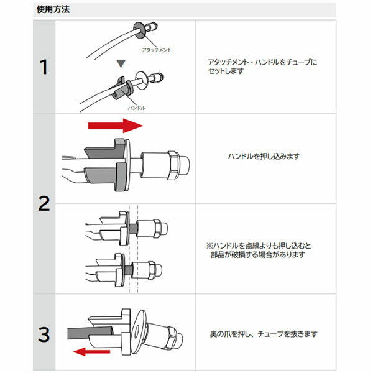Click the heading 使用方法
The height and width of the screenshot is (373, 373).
pyautogui.click(x=53, y=9)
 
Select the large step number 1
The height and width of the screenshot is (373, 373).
pyautogui.click(x=44, y=67)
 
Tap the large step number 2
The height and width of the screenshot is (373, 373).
pyautogui.click(x=44, y=204)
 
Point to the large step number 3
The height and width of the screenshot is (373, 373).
pyautogui.click(x=44, y=334)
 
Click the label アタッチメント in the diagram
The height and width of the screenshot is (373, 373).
pyautogui.click(x=157, y=50)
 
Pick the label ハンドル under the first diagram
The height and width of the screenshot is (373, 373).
pyautogui.click(x=137, y=108)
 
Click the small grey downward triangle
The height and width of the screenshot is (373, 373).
pyautogui.click(x=121, y=63)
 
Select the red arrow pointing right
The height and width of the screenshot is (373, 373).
pyautogui.click(x=116, y=126)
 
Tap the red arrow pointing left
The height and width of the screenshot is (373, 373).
pyautogui.click(x=91, y=352)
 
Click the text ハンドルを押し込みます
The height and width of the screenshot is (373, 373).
pyautogui.click(x=264, y=156)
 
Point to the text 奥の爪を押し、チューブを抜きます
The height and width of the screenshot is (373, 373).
pyautogui.click(x=264, y=334)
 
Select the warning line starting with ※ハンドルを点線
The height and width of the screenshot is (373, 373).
pyautogui.click(x=259, y=246)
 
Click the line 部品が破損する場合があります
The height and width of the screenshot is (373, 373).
pyautogui.click(x=258, y=254)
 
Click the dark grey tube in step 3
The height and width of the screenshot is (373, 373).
pyautogui.click(x=90, y=333)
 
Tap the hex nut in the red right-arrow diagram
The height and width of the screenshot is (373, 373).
pyautogui.click(x=174, y=165)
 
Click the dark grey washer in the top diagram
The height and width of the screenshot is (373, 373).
pyautogui.click(x=139, y=30)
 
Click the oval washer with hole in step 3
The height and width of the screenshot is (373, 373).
pyautogui.click(x=138, y=329)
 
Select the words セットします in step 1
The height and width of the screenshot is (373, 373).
pyautogui.click(x=226, y=71)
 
